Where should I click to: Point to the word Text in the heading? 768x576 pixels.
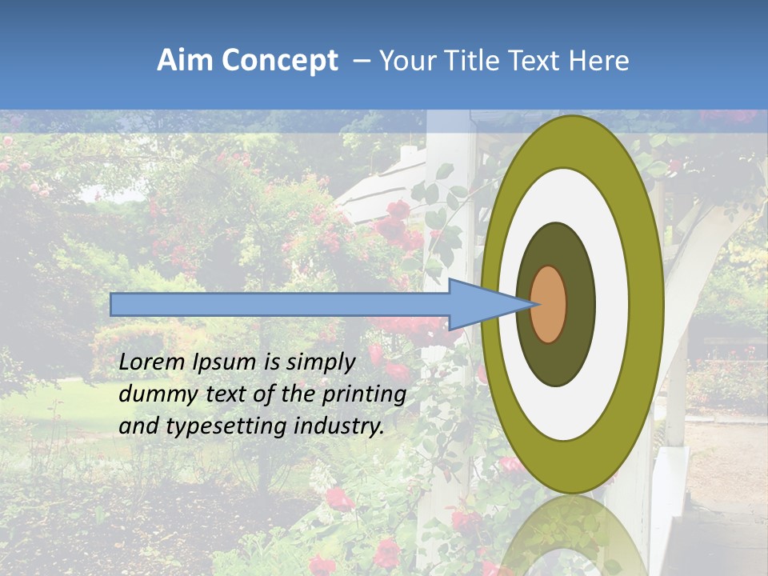click(538, 61)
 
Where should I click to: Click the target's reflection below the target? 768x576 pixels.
click(572, 536)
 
